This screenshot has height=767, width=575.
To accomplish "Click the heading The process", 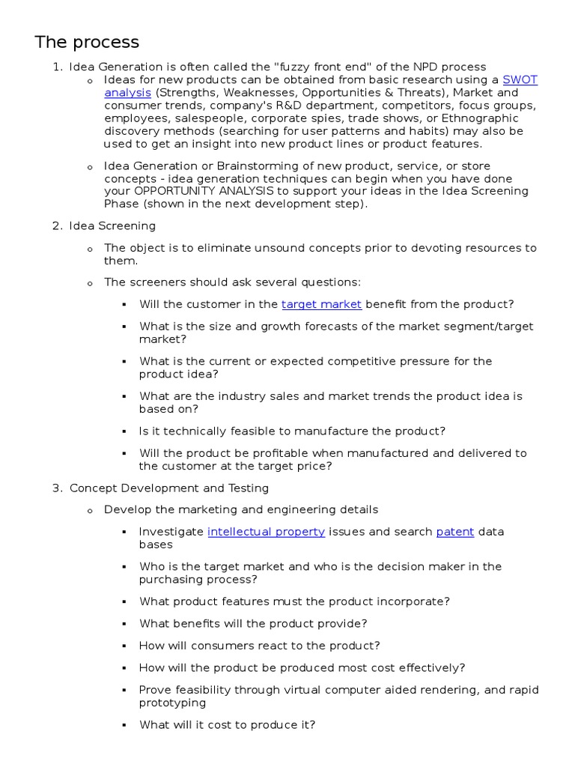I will [x=87, y=42].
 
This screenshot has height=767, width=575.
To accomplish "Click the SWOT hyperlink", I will [x=520, y=79].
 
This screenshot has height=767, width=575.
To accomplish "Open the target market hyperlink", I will [x=321, y=304].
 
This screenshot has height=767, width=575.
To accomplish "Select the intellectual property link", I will [x=266, y=532].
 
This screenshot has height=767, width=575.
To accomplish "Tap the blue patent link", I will [x=455, y=532].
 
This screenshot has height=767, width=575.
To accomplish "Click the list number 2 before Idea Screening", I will [x=57, y=225].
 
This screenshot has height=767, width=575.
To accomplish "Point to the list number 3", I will [x=57, y=488].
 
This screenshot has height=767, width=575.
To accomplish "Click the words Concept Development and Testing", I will [x=169, y=488].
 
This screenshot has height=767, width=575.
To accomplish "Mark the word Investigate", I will [x=171, y=532].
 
